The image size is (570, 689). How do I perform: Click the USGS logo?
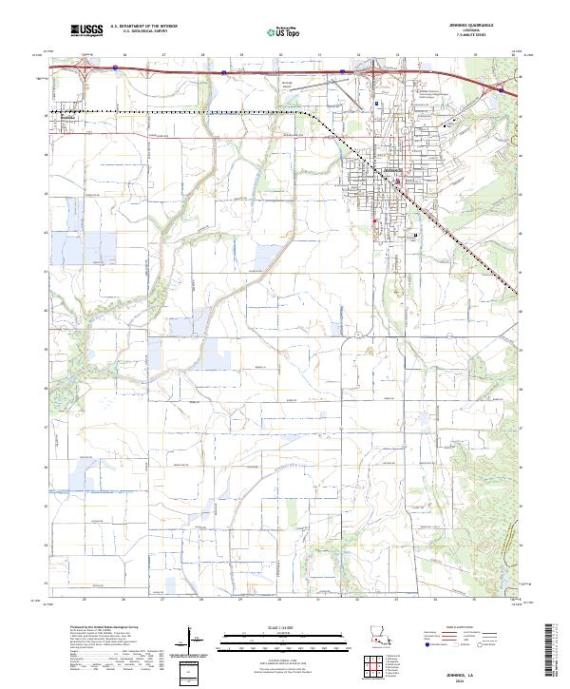point(86,30)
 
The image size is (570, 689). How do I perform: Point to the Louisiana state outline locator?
point(381,640)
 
